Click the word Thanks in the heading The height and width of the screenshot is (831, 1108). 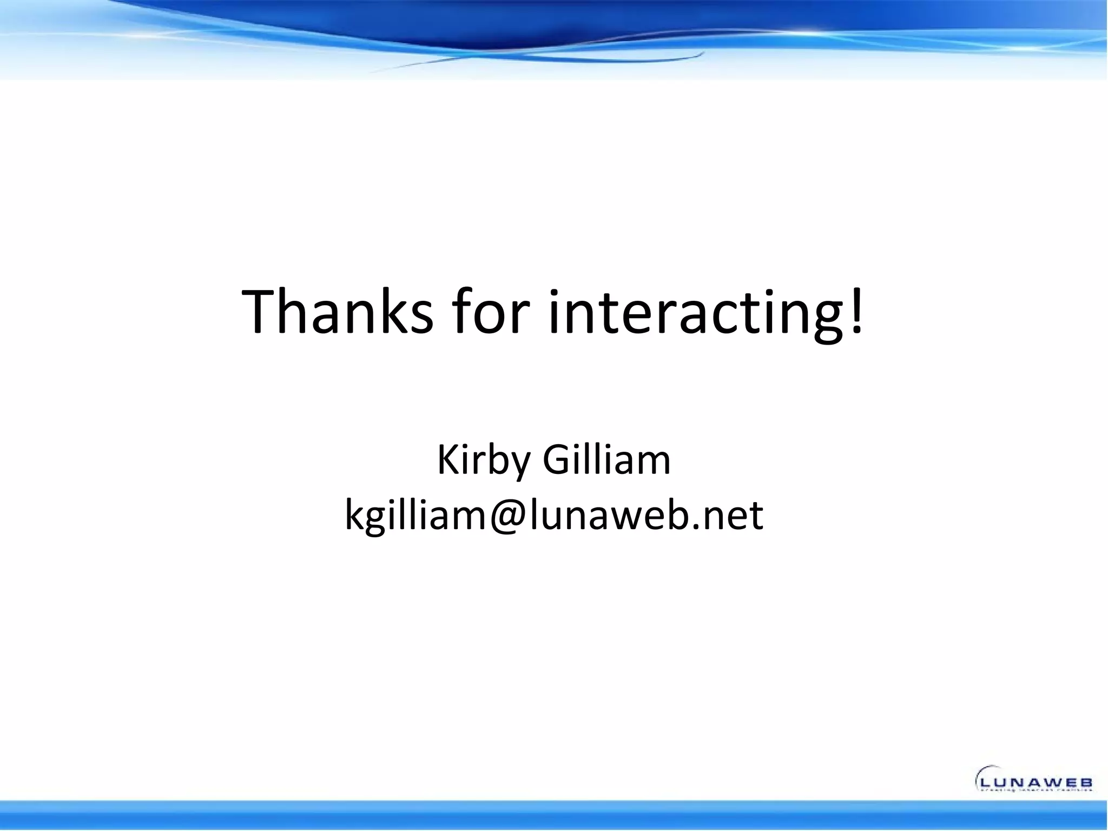(337, 312)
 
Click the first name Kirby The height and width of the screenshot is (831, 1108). (485, 460)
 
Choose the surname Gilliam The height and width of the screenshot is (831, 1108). (606, 459)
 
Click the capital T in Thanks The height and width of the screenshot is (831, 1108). (264, 312)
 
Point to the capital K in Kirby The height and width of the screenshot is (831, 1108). (447, 459)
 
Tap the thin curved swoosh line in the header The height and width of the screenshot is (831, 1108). (541, 61)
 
